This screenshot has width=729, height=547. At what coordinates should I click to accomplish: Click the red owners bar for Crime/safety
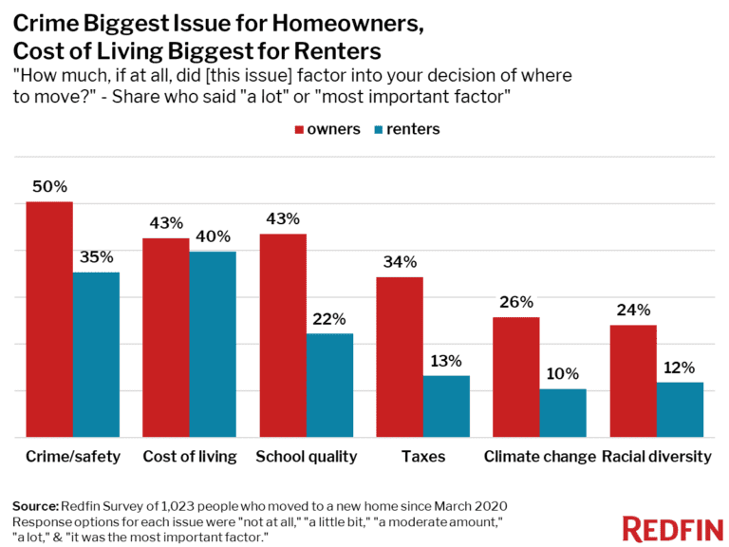tap(49, 319)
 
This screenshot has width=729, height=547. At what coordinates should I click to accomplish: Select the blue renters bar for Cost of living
tap(213, 344)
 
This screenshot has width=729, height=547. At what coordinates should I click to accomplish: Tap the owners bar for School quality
tap(283, 335)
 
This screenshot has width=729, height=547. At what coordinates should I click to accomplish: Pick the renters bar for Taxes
tap(446, 406)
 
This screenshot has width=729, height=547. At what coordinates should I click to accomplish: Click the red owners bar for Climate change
tap(516, 377)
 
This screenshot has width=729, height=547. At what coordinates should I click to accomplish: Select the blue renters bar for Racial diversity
tap(680, 409)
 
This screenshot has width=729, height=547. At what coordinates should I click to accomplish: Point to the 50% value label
tap(49, 185)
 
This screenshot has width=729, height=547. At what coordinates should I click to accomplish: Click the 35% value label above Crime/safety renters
tap(97, 256)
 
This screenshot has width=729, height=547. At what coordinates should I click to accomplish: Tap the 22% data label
tap(329, 318)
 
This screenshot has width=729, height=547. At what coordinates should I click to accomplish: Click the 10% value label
tap(563, 373)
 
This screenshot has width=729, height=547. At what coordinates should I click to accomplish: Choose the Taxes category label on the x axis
tap(423, 457)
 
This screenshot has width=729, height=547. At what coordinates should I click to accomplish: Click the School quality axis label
tap(307, 457)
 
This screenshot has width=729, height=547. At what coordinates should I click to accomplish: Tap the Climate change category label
tap(540, 457)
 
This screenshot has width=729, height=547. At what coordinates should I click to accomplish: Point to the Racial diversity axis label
tap(657, 457)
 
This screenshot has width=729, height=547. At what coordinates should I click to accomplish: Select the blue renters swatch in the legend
tap(383, 129)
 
